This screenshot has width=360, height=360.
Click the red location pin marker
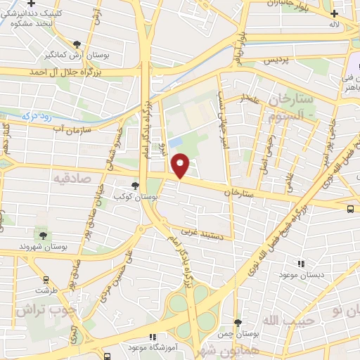pos(181,166)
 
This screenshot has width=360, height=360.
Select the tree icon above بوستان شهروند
pos(44,236)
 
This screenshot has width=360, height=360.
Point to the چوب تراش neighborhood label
pos(41,309)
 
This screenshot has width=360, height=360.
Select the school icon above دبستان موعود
pos(301,264)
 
